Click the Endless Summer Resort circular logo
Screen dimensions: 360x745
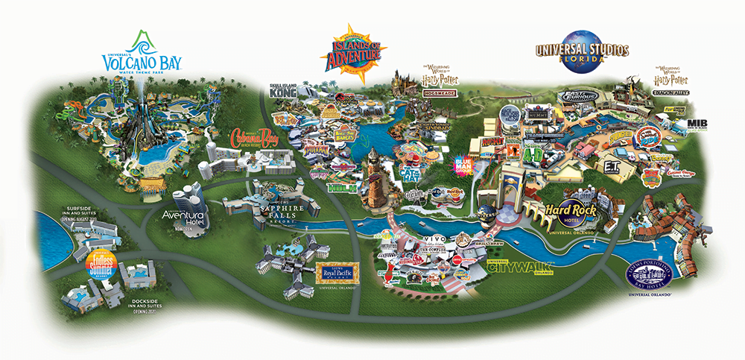pos(101,264)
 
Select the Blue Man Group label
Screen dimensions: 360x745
pos(464,165)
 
